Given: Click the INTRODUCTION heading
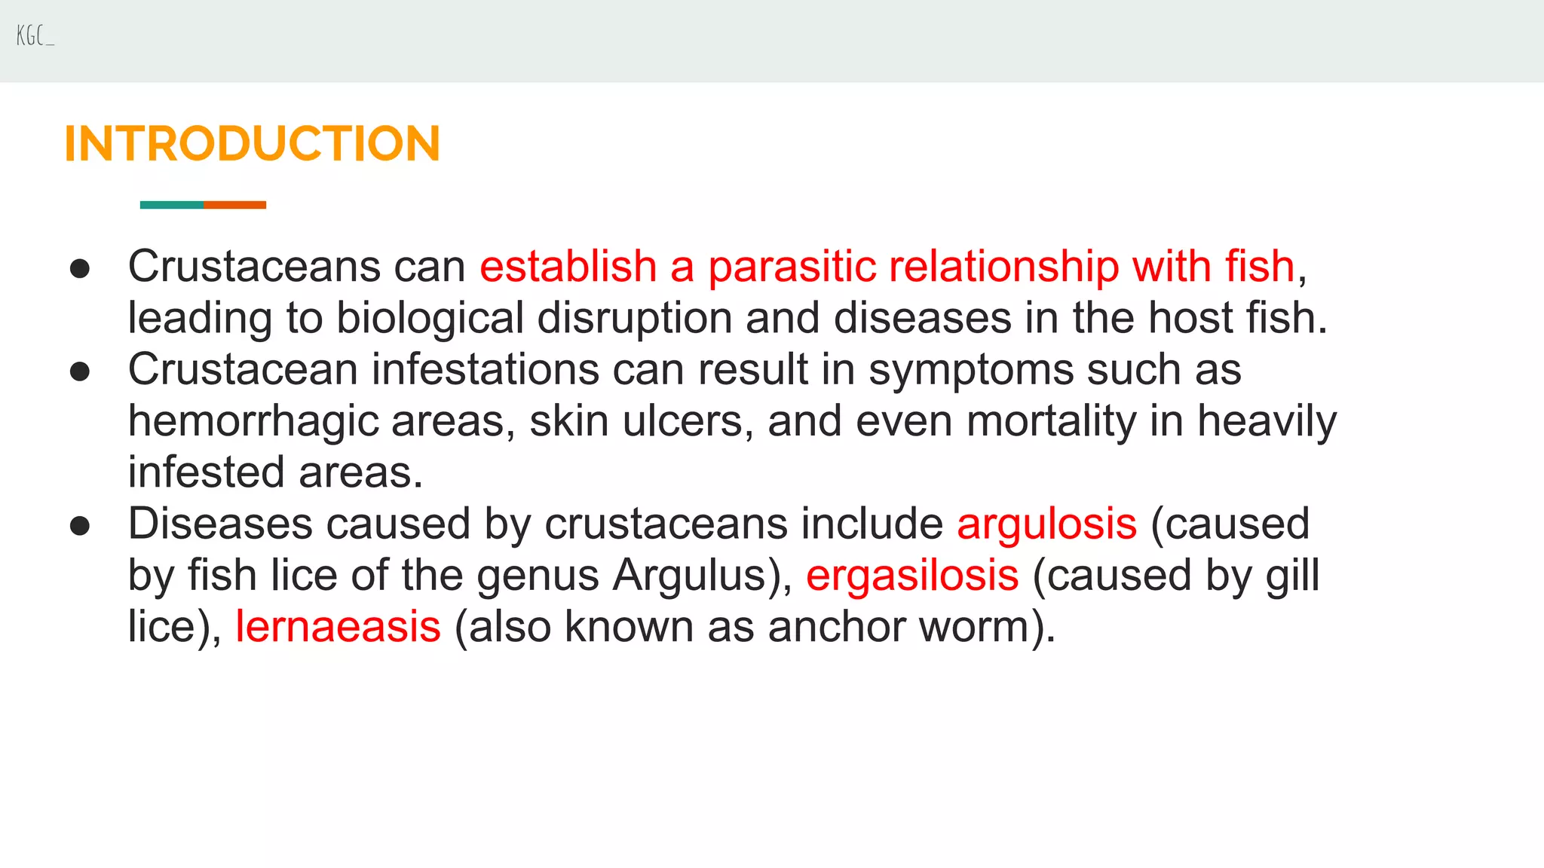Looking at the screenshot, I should [252, 143].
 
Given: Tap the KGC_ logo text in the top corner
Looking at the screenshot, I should [35, 35].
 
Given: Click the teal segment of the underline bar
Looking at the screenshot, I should [171, 205].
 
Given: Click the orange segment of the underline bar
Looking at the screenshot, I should [235, 205].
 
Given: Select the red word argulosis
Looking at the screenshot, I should [1046, 524].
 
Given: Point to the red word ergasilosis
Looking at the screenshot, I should [912, 575].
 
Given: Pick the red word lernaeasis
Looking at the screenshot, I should [338, 626].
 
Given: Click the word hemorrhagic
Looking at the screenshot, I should [253, 421].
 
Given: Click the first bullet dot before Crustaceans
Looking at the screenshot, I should [80, 269].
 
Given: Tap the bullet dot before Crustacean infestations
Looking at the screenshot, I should [80, 371].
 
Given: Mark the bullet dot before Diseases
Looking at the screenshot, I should [80, 526].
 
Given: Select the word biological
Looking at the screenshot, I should [430, 318].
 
